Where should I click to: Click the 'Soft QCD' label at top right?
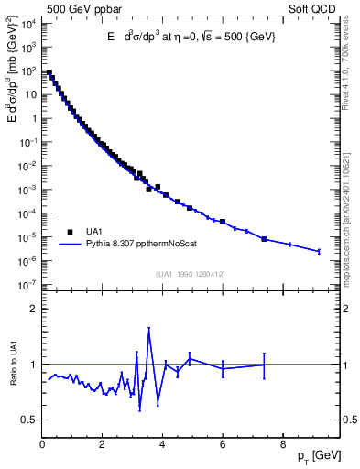[314, 8]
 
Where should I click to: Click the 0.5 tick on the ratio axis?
[28, 420]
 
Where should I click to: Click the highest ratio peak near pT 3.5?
[148, 330]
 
